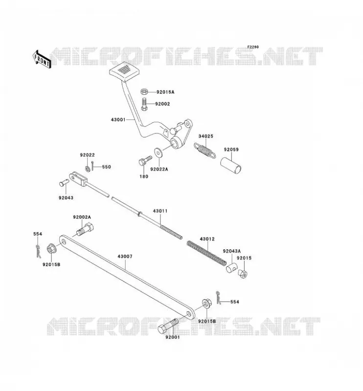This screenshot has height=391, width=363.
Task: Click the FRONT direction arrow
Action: coord(42,60)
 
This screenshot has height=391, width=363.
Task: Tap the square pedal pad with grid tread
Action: coord(124,71)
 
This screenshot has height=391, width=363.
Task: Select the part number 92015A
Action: coord(165,92)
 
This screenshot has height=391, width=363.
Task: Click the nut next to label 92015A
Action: coord(144,92)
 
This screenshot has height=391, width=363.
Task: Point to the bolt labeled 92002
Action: coord(144,104)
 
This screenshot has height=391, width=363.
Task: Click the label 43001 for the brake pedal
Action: coord(118,120)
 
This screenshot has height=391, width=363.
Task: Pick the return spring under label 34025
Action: coord(204,150)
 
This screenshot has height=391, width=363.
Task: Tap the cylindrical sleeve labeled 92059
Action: coord(231,165)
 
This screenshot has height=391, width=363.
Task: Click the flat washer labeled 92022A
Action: coord(158,152)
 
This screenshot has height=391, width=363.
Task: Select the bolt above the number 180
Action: coord(145,161)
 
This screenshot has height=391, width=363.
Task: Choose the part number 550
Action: coord(106,167)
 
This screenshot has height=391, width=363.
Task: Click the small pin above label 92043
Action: coord(64,183)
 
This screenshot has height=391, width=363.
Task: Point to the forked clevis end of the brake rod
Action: coord(78,178)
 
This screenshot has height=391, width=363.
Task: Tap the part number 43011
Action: coord(160,211)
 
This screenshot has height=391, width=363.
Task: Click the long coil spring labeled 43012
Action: coord(207,253)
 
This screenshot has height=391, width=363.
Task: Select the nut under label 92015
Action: coord(243,274)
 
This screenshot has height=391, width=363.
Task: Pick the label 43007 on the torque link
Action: coord(125,256)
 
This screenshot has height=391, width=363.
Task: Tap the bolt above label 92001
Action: coord(168,326)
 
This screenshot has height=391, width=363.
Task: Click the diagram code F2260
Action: coord(253,47)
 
